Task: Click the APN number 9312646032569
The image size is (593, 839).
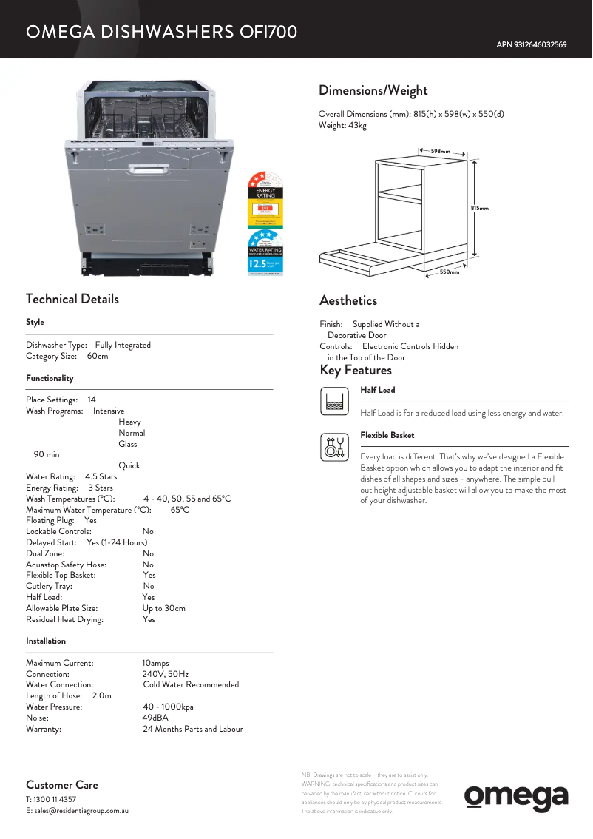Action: [x=531, y=45]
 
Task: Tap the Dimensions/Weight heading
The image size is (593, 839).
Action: [x=373, y=91]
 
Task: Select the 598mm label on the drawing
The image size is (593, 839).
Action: [x=441, y=152]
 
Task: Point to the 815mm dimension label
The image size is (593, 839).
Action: [x=480, y=209]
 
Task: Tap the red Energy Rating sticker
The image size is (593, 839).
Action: [x=265, y=198]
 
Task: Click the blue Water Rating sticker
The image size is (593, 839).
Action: [x=265, y=253]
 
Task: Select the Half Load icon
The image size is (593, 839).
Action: [x=335, y=401]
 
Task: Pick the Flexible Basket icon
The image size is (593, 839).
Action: [x=335, y=447]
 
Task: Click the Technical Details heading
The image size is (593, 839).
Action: [x=72, y=300]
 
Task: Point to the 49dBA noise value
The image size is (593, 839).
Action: [x=155, y=718]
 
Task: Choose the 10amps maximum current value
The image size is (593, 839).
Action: [x=155, y=664]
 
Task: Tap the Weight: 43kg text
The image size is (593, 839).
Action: [x=342, y=126]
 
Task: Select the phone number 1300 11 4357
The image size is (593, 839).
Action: [x=55, y=800]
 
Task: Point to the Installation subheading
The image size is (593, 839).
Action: [x=46, y=641]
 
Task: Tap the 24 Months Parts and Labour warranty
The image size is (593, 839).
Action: [x=193, y=729]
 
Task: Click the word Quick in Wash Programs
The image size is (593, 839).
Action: [x=129, y=465]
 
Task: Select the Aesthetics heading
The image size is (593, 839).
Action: [x=348, y=301]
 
